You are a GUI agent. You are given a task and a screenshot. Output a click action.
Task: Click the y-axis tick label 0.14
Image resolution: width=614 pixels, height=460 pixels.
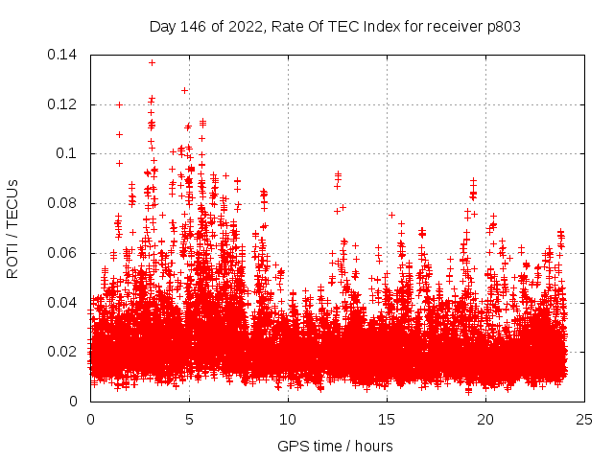pos(65,55)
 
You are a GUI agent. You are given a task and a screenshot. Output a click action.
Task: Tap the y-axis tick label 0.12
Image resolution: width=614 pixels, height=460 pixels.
pos(65,104)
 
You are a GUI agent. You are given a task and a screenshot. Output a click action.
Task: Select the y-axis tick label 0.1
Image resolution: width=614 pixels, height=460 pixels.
pos(70,153)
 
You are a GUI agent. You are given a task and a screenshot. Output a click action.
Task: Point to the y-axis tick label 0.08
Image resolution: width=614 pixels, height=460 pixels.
pos(65,203)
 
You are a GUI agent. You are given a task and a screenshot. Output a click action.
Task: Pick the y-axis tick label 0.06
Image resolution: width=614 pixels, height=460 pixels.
pos(65,253)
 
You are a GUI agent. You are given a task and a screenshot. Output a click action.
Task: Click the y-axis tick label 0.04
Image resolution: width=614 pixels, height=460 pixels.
pos(65,303)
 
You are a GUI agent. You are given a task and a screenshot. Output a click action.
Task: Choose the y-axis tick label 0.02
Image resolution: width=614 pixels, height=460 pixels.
pos(65,352)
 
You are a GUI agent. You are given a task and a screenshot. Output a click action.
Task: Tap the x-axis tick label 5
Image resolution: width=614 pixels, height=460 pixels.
pos(189,420)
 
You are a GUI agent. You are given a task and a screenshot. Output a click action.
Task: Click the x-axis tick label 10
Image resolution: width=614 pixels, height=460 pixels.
pos(288,420)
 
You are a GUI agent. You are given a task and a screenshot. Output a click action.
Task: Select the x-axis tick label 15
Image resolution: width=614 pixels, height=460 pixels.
pos(387,420)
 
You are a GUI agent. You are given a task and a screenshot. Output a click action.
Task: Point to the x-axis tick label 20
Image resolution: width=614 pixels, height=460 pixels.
pos(486,420)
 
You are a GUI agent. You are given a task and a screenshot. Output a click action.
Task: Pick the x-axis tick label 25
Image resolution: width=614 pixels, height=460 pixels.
pos(585,420)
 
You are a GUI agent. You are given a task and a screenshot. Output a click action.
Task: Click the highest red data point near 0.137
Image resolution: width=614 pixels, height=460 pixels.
pos(152,62)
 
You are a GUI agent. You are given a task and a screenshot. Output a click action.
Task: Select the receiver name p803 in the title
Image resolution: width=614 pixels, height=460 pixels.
pos(502,27)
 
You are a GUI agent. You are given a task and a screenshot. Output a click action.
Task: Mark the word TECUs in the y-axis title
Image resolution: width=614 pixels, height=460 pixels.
pos(12,202)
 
